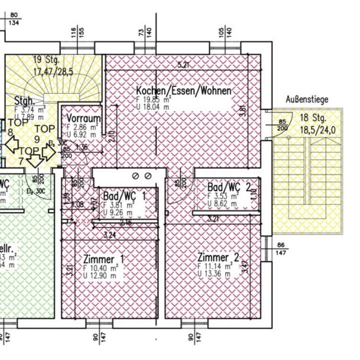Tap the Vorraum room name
tap(84, 119)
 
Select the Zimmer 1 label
tap(103, 259)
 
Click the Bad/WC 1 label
tap(124, 195)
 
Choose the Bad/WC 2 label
tap(228, 187)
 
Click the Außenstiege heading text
tap(307, 100)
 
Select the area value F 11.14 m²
tap(215, 266)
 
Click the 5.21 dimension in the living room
tap(182, 64)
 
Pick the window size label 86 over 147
tap(281, 248)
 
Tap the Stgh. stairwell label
tap(24, 101)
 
